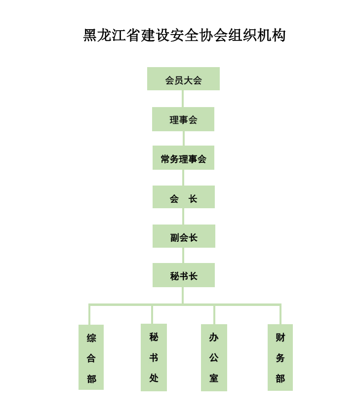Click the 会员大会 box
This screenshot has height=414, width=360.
(183, 78)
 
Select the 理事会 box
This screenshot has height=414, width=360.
(183, 119)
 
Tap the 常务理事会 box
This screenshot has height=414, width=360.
(183, 157)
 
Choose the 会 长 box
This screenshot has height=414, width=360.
(183, 197)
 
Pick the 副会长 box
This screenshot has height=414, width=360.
(184, 236)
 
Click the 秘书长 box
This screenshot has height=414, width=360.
(183, 275)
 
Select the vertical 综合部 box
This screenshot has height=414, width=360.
(91, 357)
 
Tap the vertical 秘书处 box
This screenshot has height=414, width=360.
(154, 357)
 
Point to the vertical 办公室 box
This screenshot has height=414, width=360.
(214, 358)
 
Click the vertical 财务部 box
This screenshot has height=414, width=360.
(280, 357)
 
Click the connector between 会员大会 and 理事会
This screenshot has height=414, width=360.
(183, 99)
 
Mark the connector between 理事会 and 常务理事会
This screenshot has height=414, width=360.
(183, 138)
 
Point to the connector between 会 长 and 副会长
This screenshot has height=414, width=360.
(183, 217)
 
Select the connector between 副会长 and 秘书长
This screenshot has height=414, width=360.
(183, 255)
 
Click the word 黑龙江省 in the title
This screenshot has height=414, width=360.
(112, 35)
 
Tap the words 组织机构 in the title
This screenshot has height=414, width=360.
(257, 35)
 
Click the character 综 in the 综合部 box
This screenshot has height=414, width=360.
(91, 338)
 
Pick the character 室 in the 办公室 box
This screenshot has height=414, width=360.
(214, 378)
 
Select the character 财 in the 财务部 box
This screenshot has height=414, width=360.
(280, 337)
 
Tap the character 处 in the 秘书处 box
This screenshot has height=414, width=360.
(154, 378)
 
